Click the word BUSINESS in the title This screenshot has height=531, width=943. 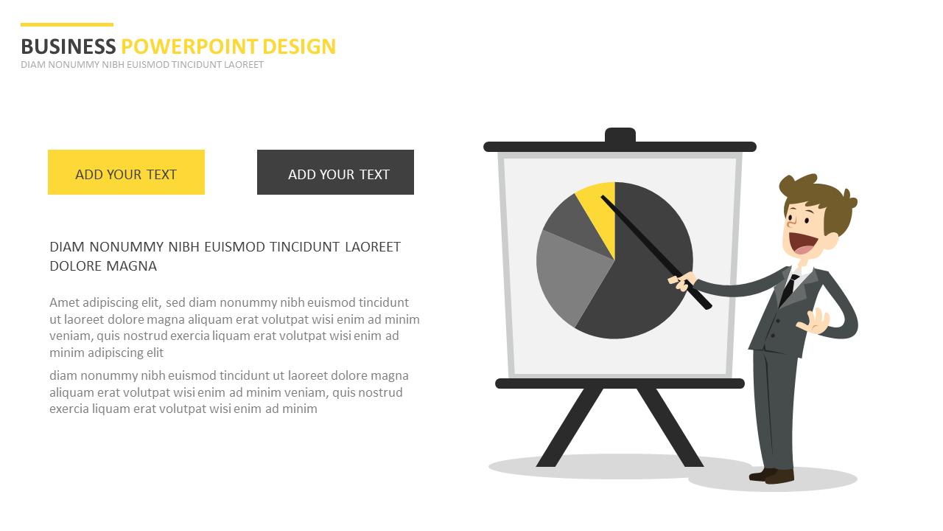(x=69, y=46)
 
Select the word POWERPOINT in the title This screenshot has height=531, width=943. (x=189, y=46)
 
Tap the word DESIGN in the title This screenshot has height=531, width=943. (x=299, y=46)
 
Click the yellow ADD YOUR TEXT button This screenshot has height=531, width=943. (x=126, y=172)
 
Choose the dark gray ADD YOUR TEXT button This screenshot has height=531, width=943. (x=335, y=172)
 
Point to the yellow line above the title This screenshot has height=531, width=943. (x=67, y=25)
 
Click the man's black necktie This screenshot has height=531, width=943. (x=788, y=289)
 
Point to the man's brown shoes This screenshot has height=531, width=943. (x=771, y=476)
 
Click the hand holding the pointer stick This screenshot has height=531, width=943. (x=683, y=281)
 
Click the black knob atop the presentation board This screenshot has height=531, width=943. (x=620, y=135)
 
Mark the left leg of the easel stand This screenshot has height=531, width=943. (x=569, y=427)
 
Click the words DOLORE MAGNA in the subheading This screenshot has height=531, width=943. (x=103, y=266)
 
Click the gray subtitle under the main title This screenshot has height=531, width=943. (x=142, y=65)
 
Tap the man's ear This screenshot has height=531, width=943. (x=830, y=241)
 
